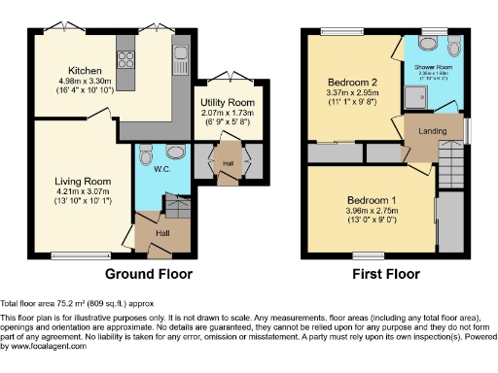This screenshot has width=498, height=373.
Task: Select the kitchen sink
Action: click(180, 51)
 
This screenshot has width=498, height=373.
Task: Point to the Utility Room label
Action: click(228, 102)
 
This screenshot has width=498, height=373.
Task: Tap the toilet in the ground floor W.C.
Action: click(146, 155)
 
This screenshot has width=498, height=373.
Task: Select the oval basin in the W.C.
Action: click(174, 151)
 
